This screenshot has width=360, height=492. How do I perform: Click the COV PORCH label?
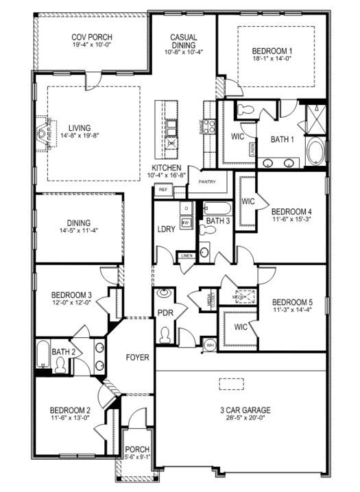pyautogui.click(x=91, y=36)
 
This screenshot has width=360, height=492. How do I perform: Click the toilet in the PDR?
pyautogui.click(x=165, y=335)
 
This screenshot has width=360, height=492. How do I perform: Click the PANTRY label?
pyautogui.click(x=207, y=182)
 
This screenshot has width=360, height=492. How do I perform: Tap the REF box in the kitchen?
pyautogui.click(x=163, y=190)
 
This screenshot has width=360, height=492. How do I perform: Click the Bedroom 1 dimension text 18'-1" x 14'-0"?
pyautogui.click(x=272, y=60)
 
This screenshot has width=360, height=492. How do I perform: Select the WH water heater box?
pyautogui.click(x=210, y=344)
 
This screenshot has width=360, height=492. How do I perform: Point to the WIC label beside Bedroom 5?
pyautogui.click(x=240, y=327)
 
